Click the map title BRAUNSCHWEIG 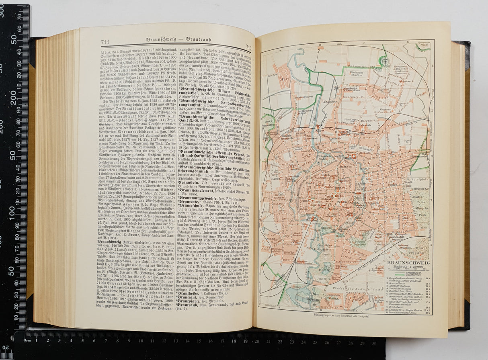click(x=407, y=262)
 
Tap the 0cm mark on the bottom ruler click(x=27, y=340)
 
